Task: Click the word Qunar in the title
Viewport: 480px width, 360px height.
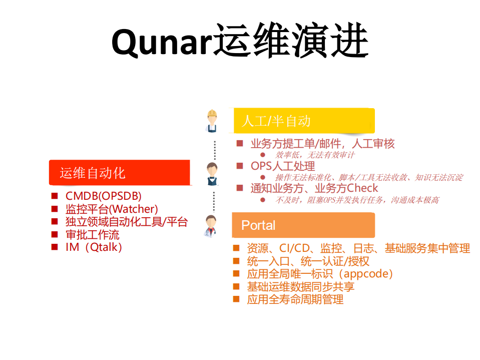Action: pyautogui.click(x=159, y=41)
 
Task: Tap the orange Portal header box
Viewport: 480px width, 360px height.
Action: pyautogui.click(x=303, y=225)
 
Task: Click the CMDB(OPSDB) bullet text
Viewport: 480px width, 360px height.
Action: pyautogui.click(x=103, y=196)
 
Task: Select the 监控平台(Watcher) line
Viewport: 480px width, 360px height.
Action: pyautogui.click(x=112, y=209)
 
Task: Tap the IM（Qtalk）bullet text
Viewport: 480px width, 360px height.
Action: pyautogui.click(x=94, y=247)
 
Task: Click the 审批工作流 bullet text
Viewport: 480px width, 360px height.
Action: pyautogui.click(x=93, y=234)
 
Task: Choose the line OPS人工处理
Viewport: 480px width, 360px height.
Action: pyautogui.click(x=283, y=166)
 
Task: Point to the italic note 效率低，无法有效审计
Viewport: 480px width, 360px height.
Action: pyautogui.click(x=315, y=155)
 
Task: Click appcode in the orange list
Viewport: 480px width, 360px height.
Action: pyautogui.click(x=367, y=274)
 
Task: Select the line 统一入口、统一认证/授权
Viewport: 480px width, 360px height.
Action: pyautogui.click(x=308, y=261)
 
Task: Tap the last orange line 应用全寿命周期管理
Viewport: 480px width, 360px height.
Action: pyautogui.click(x=295, y=299)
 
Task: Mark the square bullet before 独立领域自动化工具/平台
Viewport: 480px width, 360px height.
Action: pyautogui.click(x=55, y=221)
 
